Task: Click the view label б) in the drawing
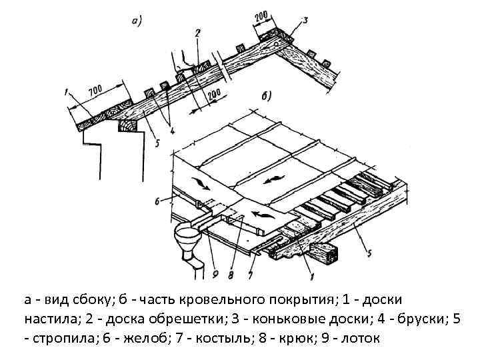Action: (x=266, y=95)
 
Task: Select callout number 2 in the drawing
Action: (x=197, y=33)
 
